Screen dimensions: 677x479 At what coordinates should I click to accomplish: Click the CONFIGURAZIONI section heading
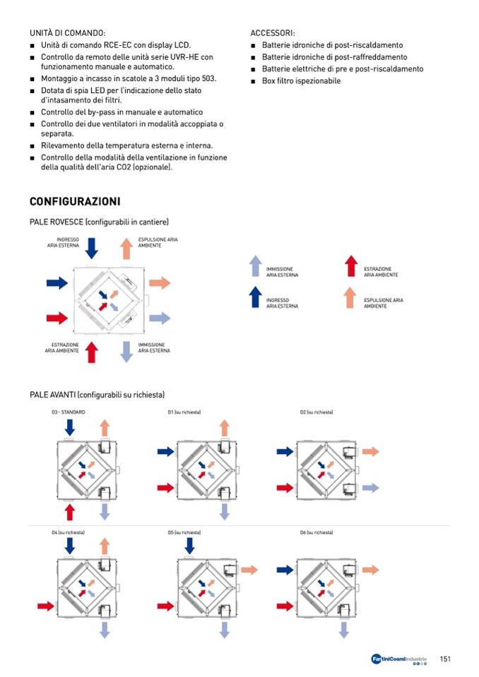click(x=75, y=202)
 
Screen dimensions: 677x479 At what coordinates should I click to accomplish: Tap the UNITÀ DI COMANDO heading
click(x=68, y=33)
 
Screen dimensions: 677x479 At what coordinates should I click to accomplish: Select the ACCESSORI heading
click(x=273, y=33)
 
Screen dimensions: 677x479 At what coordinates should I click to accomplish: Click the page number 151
click(x=445, y=659)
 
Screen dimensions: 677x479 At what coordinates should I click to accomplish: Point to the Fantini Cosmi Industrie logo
click(x=398, y=659)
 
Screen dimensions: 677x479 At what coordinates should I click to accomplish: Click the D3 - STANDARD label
click(x=68, y=412)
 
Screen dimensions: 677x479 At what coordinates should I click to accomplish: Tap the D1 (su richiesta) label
click(x=184, y=412)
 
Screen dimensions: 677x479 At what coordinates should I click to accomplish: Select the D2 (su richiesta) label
click(x=317, y=412)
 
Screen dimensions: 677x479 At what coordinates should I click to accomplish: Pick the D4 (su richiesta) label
click(x=68, y=532)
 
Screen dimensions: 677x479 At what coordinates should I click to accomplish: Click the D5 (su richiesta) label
click(x=184, y=532)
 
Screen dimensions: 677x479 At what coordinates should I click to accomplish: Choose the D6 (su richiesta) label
click(x=317, y=532)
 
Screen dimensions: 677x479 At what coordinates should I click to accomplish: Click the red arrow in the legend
click(x=351, y=266)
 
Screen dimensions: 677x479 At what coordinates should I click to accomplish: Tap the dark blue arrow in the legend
click(x=256, y=297)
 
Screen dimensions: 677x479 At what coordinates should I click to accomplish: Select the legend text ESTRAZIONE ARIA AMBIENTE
click(x=381, y=272)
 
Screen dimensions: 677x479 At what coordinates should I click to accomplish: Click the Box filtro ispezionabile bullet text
click(x=301, y=81)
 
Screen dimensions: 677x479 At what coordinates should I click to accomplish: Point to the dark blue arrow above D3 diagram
click(x=69, y=427)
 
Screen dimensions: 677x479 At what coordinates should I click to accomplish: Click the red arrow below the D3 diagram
click(x=69, y=512)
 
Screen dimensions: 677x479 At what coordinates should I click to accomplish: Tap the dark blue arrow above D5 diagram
click(x=189, y=545)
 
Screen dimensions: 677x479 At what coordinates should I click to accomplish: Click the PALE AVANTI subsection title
click(x=97, y=395)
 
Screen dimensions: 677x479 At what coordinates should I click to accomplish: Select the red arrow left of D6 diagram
click(x=285, y=606)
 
